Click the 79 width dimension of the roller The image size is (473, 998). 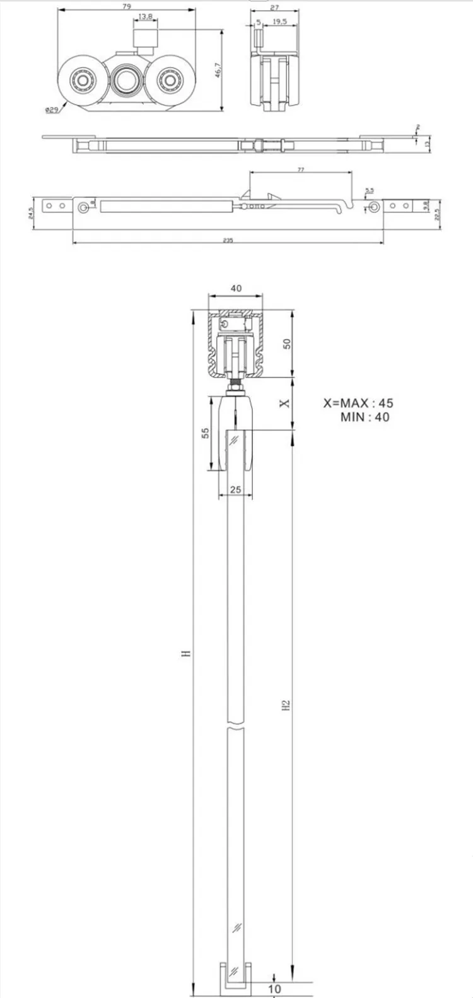(127, 7)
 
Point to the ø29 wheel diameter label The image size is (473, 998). (52, 110)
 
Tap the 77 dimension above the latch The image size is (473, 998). (301, 170)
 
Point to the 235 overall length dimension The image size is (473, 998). (228, 240)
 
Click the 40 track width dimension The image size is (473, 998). (235, 288)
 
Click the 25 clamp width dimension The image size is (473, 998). (236, 489)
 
